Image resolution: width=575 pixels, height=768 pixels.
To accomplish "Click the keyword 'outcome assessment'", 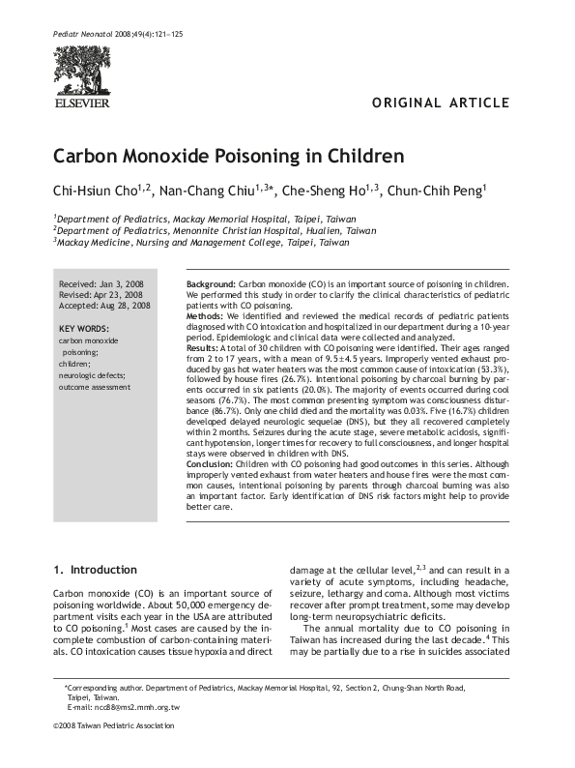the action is coord(94,386).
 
